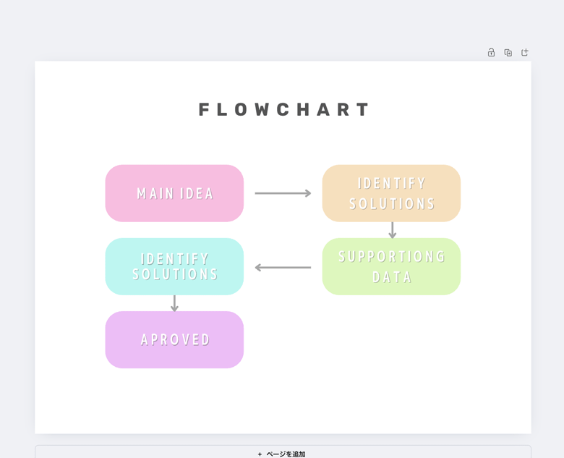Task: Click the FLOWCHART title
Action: click(x=283, y=109)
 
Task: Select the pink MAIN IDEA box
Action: click(x=174, y=193)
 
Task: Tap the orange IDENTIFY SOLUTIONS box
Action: click(x=391, y=193)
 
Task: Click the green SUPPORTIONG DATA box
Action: click(x=391, y=266)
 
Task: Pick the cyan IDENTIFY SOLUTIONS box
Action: click(x=174, y=266)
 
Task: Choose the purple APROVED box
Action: click(x=174, y=339)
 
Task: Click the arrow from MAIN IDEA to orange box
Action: click(x=283, y=193)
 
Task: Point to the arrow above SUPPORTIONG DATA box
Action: click(x=393, y=230)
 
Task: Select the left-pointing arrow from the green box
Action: click(x=283, y=268)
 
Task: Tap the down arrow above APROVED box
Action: click(x=174, y=303)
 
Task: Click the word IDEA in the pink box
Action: click(x=197, y=194)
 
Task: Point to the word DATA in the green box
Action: click(x=392, y=277)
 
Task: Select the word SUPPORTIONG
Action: click(x=392, y=257)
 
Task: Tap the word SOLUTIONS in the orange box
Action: click(x=392, y=204)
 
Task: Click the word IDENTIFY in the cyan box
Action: click(x=175, y=259)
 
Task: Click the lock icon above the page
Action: click(x=491, y=53)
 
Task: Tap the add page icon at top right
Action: click(x=525, y=53)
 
